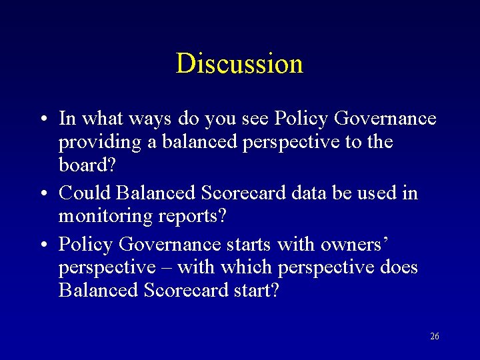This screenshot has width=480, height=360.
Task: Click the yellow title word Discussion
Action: (239, 63)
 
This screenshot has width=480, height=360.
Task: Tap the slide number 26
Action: (435, 336)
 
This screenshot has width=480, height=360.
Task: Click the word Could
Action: (85, 193)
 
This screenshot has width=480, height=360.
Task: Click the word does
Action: (398, 267)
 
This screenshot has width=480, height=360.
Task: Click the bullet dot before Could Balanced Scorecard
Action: (42, 194)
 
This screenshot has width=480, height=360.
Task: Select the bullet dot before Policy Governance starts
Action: (42, 245)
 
